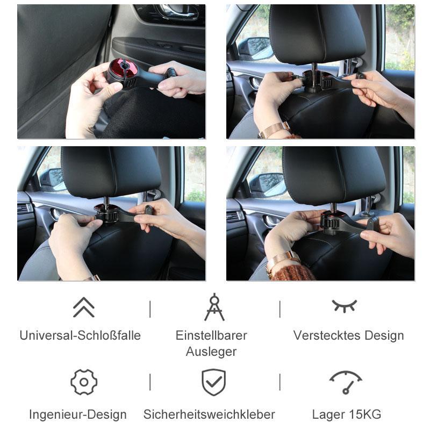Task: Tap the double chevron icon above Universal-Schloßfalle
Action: (84, 307)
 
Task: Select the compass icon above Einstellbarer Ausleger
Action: (214, 307)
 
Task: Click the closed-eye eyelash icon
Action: (344, 306)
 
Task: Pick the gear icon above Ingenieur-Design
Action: (84, 382)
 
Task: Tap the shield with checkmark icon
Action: (214, 382)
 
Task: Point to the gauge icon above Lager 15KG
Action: (345, 382)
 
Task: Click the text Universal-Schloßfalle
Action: (80, 336)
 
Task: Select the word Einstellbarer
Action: (211, 336)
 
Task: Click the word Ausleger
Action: (211, 352)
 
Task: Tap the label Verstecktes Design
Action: (348, 336)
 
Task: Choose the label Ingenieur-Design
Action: (78, 415)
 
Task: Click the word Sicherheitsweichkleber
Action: (209, 415)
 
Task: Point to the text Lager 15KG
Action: (347, 415)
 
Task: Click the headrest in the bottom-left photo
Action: (111, 172)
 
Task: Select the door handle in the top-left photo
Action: (172, 12)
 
